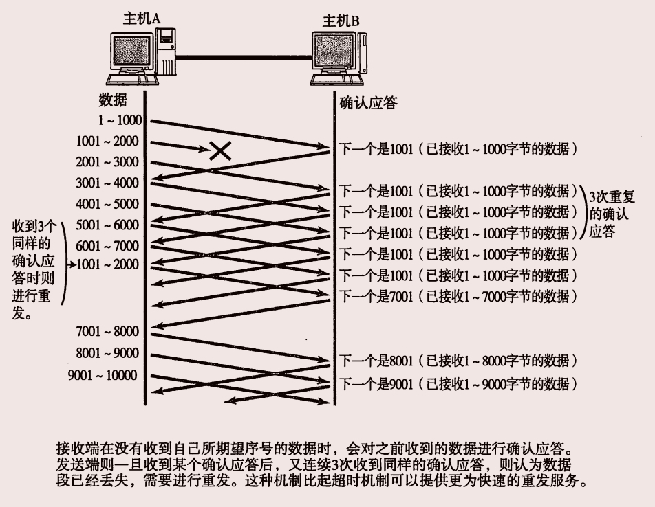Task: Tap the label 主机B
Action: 341,21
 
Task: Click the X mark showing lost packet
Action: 219,150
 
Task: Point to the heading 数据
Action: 113,100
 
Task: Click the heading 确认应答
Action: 368,103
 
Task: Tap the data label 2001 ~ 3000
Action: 107,162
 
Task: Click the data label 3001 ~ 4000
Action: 107,183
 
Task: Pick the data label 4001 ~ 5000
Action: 107,204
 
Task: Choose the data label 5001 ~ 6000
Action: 107,225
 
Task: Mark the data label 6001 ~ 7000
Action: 107,246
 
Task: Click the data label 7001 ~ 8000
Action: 107,332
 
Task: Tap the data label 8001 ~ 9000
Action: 107,354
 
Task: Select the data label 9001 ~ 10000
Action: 103,375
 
